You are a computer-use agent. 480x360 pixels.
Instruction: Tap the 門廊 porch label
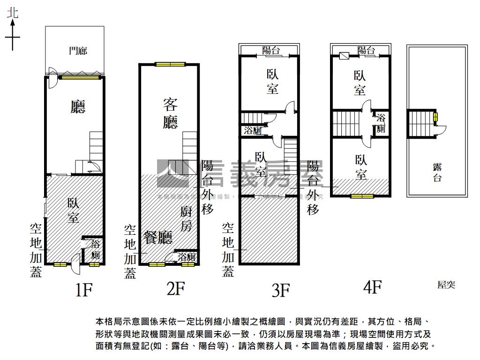pyautogui.click(x=78, y=51)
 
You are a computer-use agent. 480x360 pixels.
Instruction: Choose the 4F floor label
pyautogui.click(x=373, y=286)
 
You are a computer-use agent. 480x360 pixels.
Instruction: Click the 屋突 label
pyautogui.click(x=446, y=285)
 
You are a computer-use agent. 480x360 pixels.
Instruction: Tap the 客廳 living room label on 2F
pyautogui.click(x=171, y=113)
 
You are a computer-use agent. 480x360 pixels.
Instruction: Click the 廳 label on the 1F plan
pyautogui.click(x=78, y=107)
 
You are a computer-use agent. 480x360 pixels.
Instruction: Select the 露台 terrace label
pyautogui.click(x=437, y=172)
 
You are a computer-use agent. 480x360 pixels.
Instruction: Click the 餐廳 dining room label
pyautogui.click(x=158, y=238)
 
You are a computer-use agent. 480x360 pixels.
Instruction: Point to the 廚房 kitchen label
pyautogui.click(x=187, y=219)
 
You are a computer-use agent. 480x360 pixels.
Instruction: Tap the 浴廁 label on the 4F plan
pyautogui.click(x=381, y=123)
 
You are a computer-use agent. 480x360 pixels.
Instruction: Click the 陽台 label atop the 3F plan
pyautogui.click(x=272, y=51)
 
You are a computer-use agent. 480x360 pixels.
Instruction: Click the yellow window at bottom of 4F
pyautogui.click(x=362, y=196)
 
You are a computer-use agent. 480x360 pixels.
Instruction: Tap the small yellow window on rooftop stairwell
pyautogui.click(x=435, y=117)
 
